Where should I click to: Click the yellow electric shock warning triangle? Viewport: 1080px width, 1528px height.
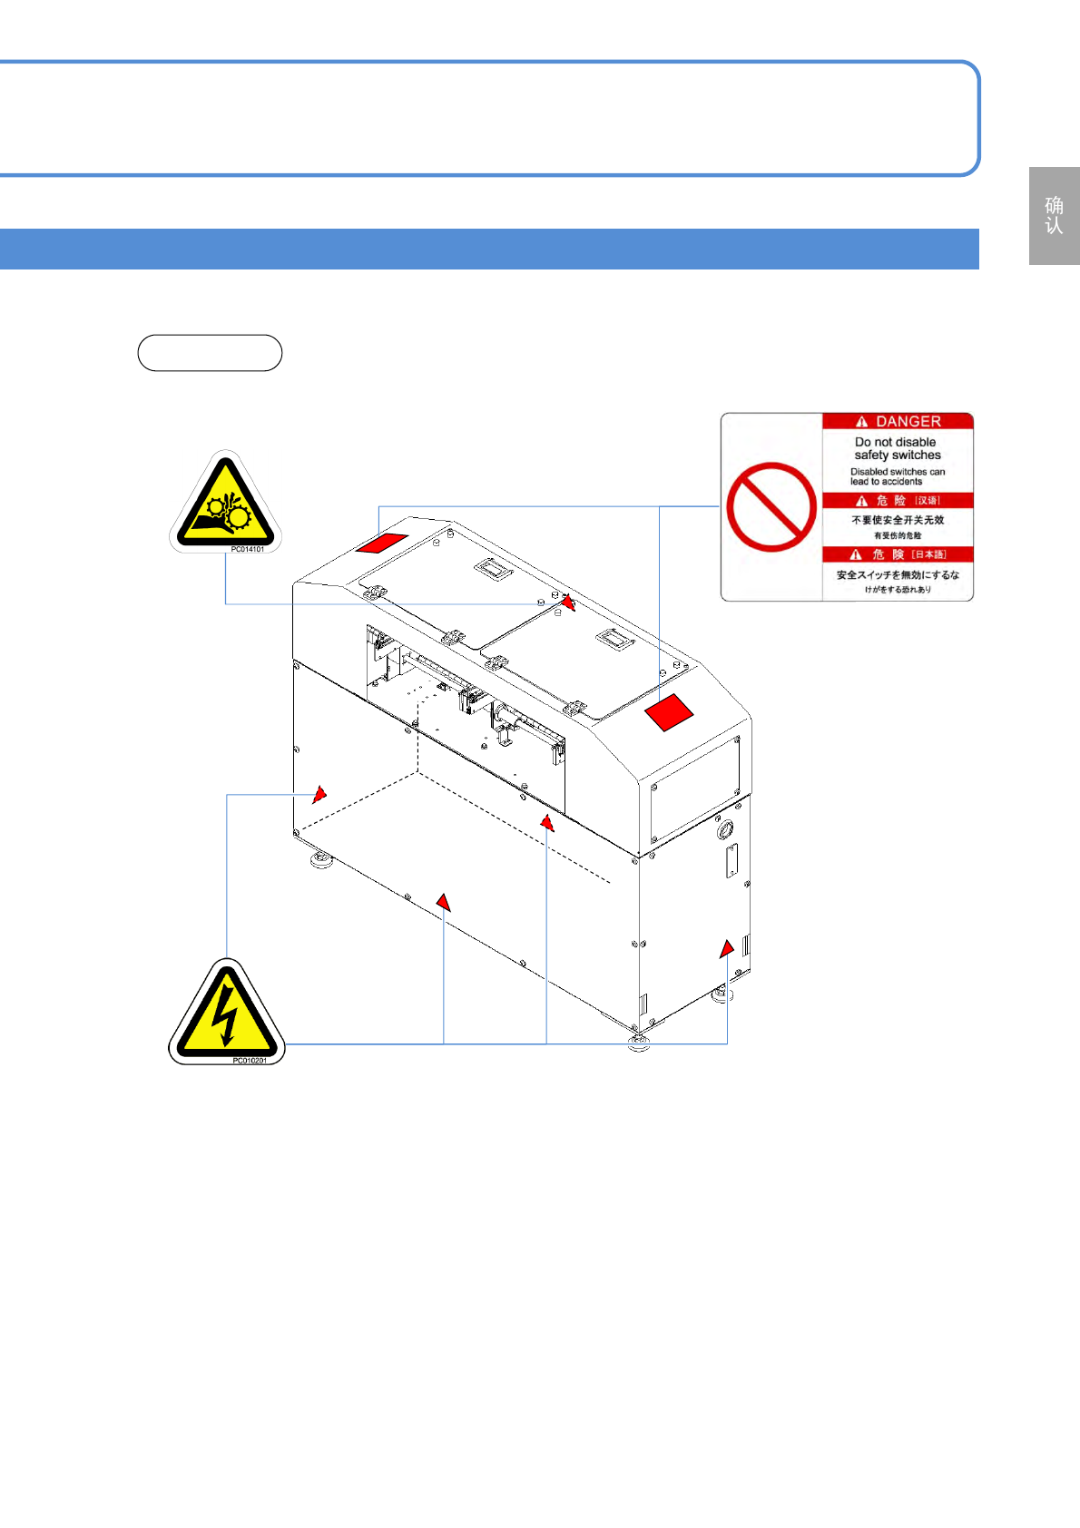click(x=226, y=1012)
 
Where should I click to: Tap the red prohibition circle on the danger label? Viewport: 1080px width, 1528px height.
click(x=771, y=506)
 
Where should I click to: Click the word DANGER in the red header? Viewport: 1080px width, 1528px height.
click(x=908, y=422)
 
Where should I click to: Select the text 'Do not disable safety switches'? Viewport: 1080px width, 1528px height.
click(x=897, y=448)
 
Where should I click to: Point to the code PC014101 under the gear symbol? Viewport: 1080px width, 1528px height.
click(x=247, y=549)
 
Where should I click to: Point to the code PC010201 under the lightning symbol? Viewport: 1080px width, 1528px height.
click(x=250, y=1060)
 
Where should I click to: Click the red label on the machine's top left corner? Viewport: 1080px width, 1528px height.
click(x=381, y=543)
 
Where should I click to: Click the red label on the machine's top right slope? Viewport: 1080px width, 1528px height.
click(x=669, y=712)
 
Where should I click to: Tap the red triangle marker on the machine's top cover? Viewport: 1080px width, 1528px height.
click(x=568, y=602)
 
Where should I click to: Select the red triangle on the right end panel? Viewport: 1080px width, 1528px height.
click(x=727, y=949)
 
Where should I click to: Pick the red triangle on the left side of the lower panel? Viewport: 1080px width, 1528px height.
click(x=319, y=794)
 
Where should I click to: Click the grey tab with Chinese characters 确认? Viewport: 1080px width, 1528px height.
click(x=1054, y=216)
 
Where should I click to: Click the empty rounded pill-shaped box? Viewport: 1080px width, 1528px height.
click(x=210, y=353)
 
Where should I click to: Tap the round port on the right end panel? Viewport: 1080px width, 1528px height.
click(x=725, y=829)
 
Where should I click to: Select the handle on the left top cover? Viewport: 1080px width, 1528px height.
click(x=493, y=570)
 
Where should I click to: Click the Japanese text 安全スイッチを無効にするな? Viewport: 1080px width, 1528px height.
click(x=897, y=575)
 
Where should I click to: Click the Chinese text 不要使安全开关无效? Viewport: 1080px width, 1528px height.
click(x=897, y=520)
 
